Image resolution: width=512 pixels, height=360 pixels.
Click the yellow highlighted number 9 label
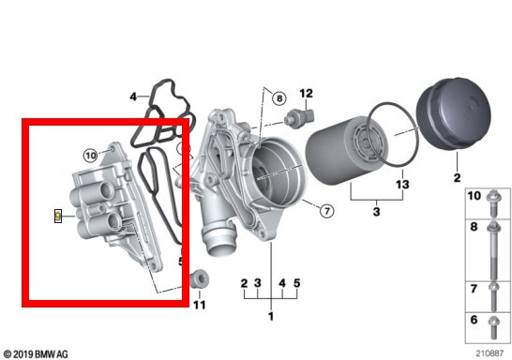58,216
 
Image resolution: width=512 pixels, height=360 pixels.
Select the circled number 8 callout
279,98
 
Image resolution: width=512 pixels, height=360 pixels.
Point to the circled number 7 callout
327,211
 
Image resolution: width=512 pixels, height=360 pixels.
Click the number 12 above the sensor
306,94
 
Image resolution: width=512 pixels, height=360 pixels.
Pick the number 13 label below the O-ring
402,185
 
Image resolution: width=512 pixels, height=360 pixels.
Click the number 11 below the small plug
200,306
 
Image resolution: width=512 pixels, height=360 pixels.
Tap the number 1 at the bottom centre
271,316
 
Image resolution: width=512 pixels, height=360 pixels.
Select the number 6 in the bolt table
474,320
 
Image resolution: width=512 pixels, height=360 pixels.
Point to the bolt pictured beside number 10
493,203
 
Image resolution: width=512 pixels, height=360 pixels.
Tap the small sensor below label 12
299,117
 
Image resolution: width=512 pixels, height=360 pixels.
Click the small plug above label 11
199,279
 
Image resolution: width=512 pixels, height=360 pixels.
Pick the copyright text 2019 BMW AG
35,354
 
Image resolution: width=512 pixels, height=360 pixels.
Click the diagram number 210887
489,353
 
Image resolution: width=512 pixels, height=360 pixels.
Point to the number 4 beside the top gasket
133,97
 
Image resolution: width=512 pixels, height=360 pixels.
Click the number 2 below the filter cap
457,177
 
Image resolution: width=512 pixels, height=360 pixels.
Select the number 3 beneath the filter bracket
376,212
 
